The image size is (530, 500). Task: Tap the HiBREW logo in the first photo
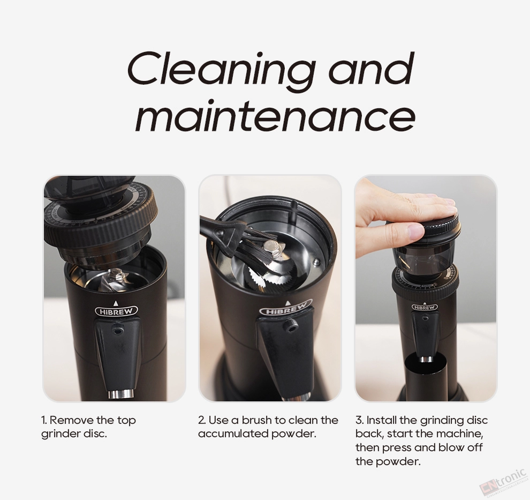pyautogui.click(x=117, y=311)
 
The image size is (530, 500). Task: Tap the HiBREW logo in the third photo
pyautogui.click(x=425, y=307)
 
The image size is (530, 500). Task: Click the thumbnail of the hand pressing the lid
pyautogui.click(x=426, y=288)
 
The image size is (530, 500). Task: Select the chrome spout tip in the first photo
pyautogui.click(x=120, y=394)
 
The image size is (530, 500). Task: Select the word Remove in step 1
pyautogui.click(x=71, y=420)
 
